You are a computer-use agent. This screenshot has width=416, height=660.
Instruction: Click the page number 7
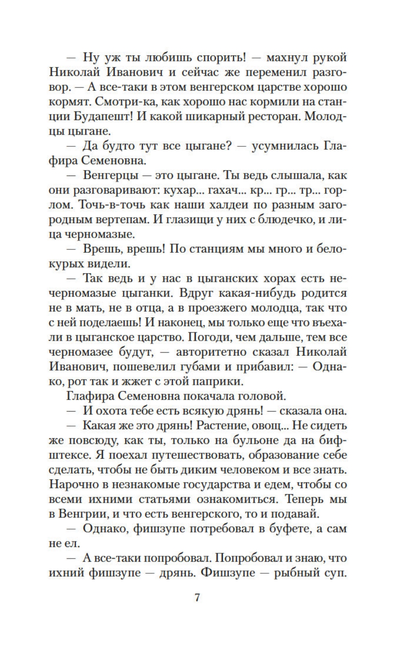tap(197, 597)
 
